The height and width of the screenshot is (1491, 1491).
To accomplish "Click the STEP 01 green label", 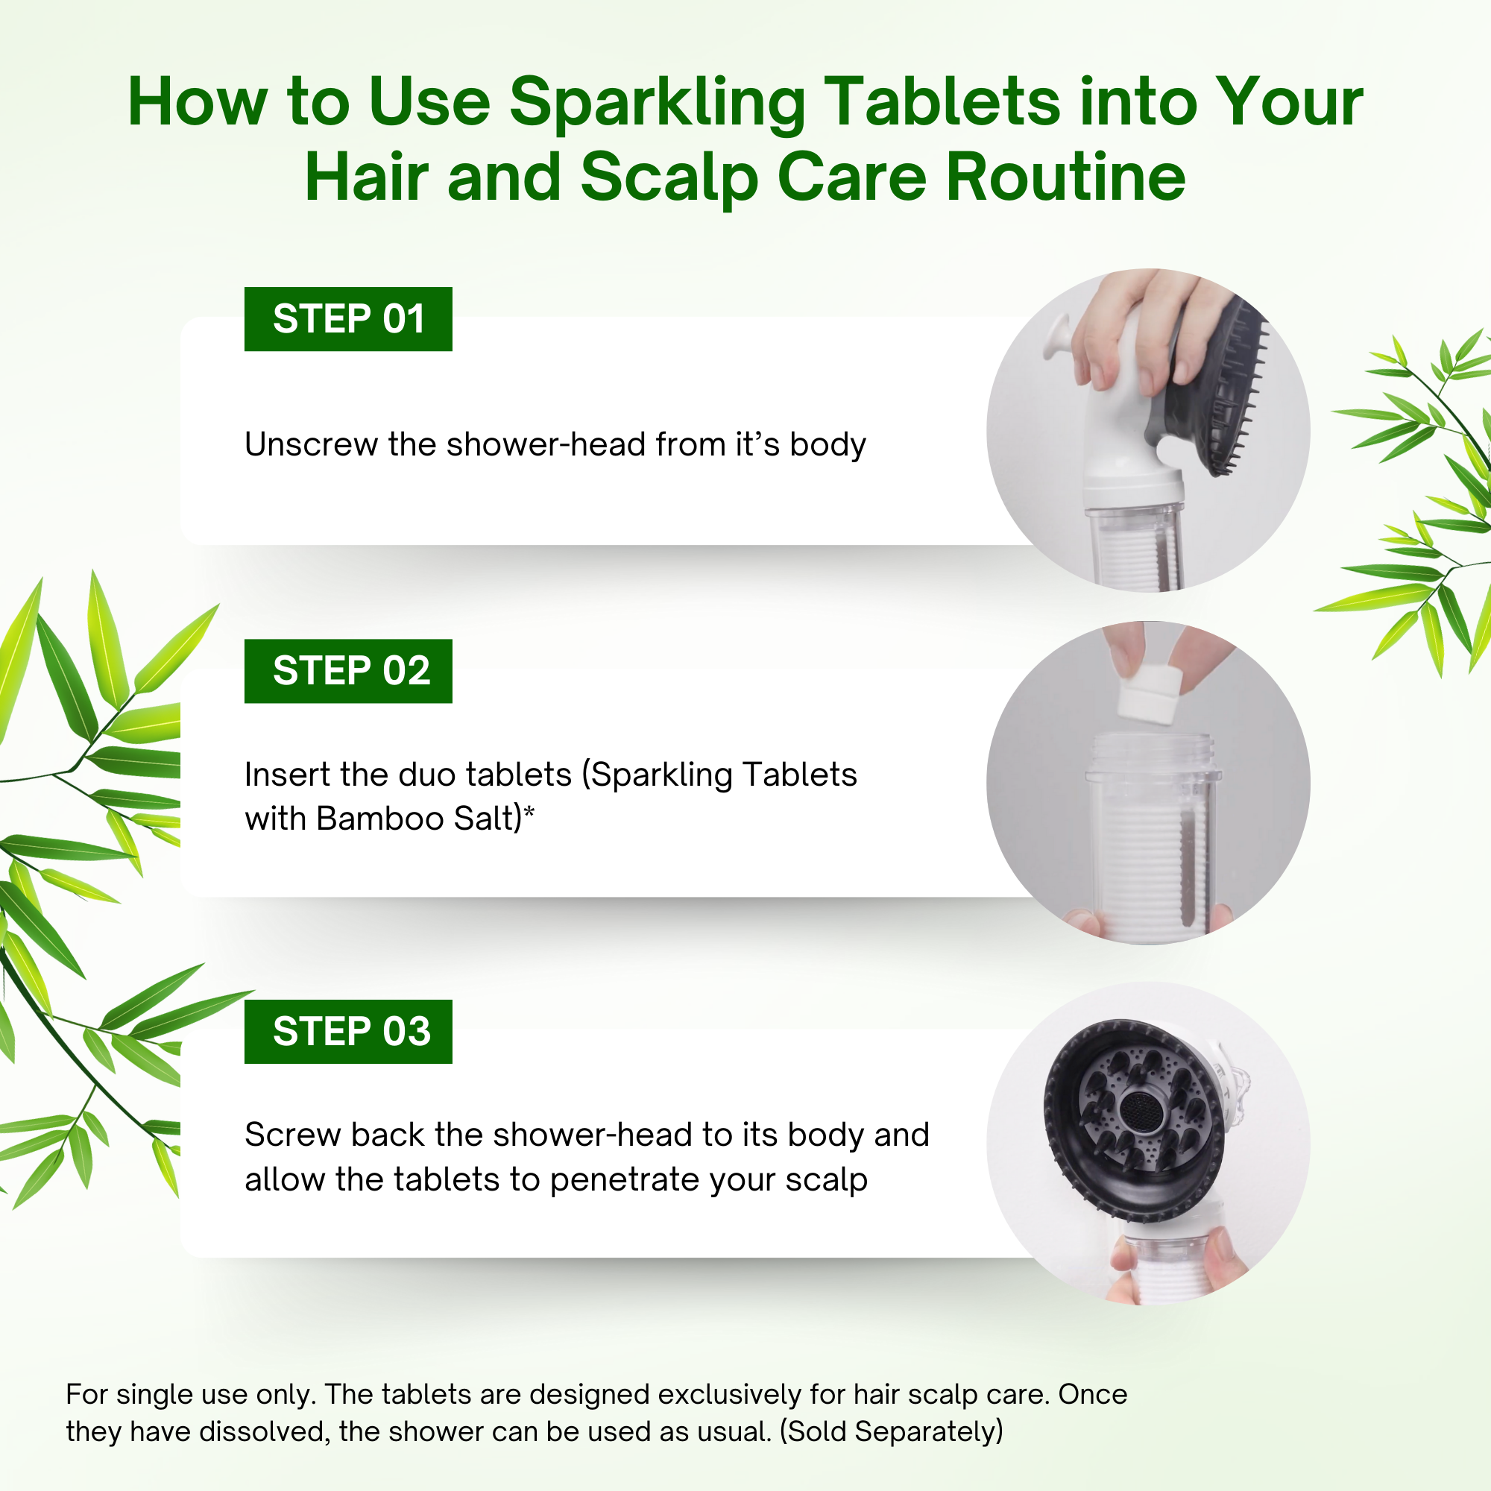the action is click(x=348, y=319).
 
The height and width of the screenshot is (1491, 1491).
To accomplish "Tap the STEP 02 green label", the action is click(x=348, y=671).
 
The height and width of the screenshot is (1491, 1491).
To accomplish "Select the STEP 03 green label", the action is click(x=348, y=1031).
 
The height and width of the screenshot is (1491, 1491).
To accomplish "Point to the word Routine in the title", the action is click(x=1066, y=177).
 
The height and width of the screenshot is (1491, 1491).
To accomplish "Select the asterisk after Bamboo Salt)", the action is click(x=529, y=811).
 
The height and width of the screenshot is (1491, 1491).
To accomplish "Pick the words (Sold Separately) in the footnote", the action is click(x=892, y=1431).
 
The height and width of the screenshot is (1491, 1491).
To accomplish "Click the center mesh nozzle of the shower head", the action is click(x=1137, y=1112).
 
